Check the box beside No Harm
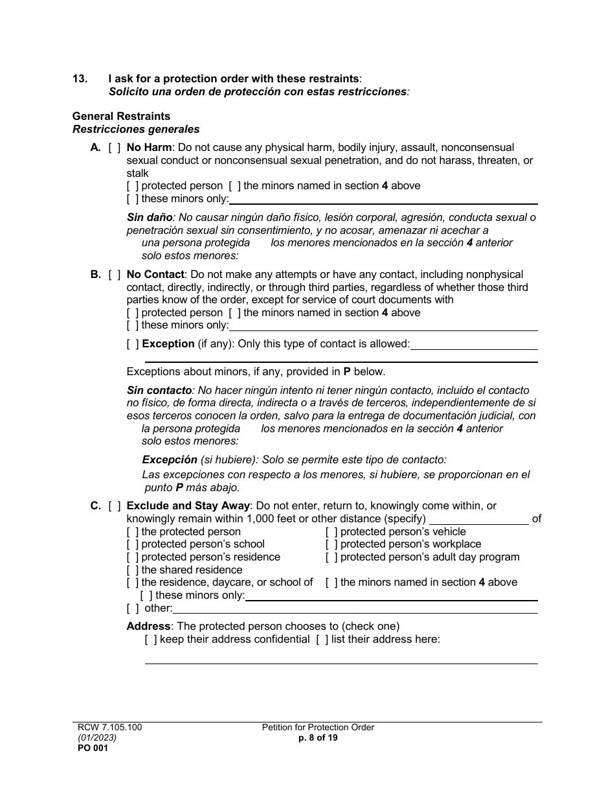pyautogui.click(x=114, y=148)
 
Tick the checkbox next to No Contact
pyautogui.click(x=114, y=275)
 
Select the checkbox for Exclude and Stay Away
pyautogui.click(x=114, y=506)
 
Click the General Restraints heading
pyautogui.click(x=121, y=116)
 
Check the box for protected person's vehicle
pyautogui.click(x=331, y=532)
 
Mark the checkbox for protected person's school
pyautogui.click(x=133, y=544)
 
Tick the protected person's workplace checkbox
pyautogui.click(x=331, y=544)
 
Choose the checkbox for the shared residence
pyautogui.click(x=133, y=570)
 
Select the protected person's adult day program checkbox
pyautogui.click(x=331, y=557)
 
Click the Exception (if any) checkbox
pyautogui.click(x=133, y=344)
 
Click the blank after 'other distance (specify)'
pyautogui.click(x=478, y=519)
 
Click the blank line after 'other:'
pyautogui.click(x=355, y=608)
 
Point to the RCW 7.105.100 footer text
pyautogui.click(x=107, y=728)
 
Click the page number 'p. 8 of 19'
pyautogui.click(x=318, y=737)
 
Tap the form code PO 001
pyautogui.click(x=89, y=748)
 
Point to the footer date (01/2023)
pyautogui.click(x=96, y=737)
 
